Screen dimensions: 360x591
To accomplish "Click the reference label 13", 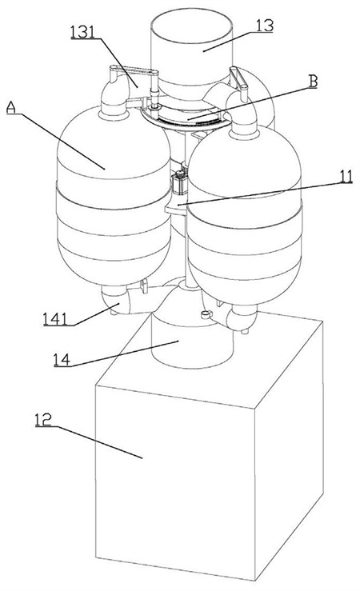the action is pyautogui.click(x=265, y=26).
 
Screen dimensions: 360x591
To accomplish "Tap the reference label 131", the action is pyautogui.click(x=82, y=32).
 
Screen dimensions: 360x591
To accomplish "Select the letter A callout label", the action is pyautogui.click(x=12, y=108).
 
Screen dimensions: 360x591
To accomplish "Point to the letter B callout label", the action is pyautogui.click(x=313, y=82).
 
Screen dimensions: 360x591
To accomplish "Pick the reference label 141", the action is pyautogui.click(x=55, y=319).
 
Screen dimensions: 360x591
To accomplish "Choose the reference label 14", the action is pyautogui.click(x=62, y=360).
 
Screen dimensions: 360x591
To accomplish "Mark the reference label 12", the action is pyautogui.click(x=43, y=420).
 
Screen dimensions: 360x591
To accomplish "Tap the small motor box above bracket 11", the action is pyautogui.click(x=179, y=183).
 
